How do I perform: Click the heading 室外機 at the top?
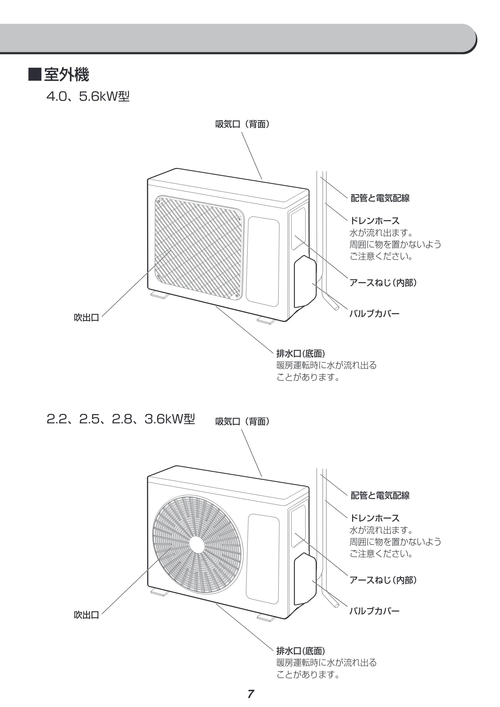pyautogui.click(x=66, y=74)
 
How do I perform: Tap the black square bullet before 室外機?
pyautogui.click(x=35, y=74)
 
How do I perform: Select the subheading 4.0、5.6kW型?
pyautogui.click(x=88, y=97)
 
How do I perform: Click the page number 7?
pyautogui.click(x=251, y=694)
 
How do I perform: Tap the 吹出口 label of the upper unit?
pyautogui.click(x=86, y=317)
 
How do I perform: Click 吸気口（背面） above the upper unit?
pyautogui.click(x=243, y=124)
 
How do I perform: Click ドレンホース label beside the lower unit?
pyautogui.click(x=375, y=518)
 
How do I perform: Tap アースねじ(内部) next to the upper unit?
pyautogui.click(x=383, y=282)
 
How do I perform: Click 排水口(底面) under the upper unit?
pyautogui.click(x=301, y=353)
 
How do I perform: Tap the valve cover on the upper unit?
pyautogui.click(x=305, y=282)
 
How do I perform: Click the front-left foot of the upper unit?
pyautogui.click(x=159, y=295)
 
